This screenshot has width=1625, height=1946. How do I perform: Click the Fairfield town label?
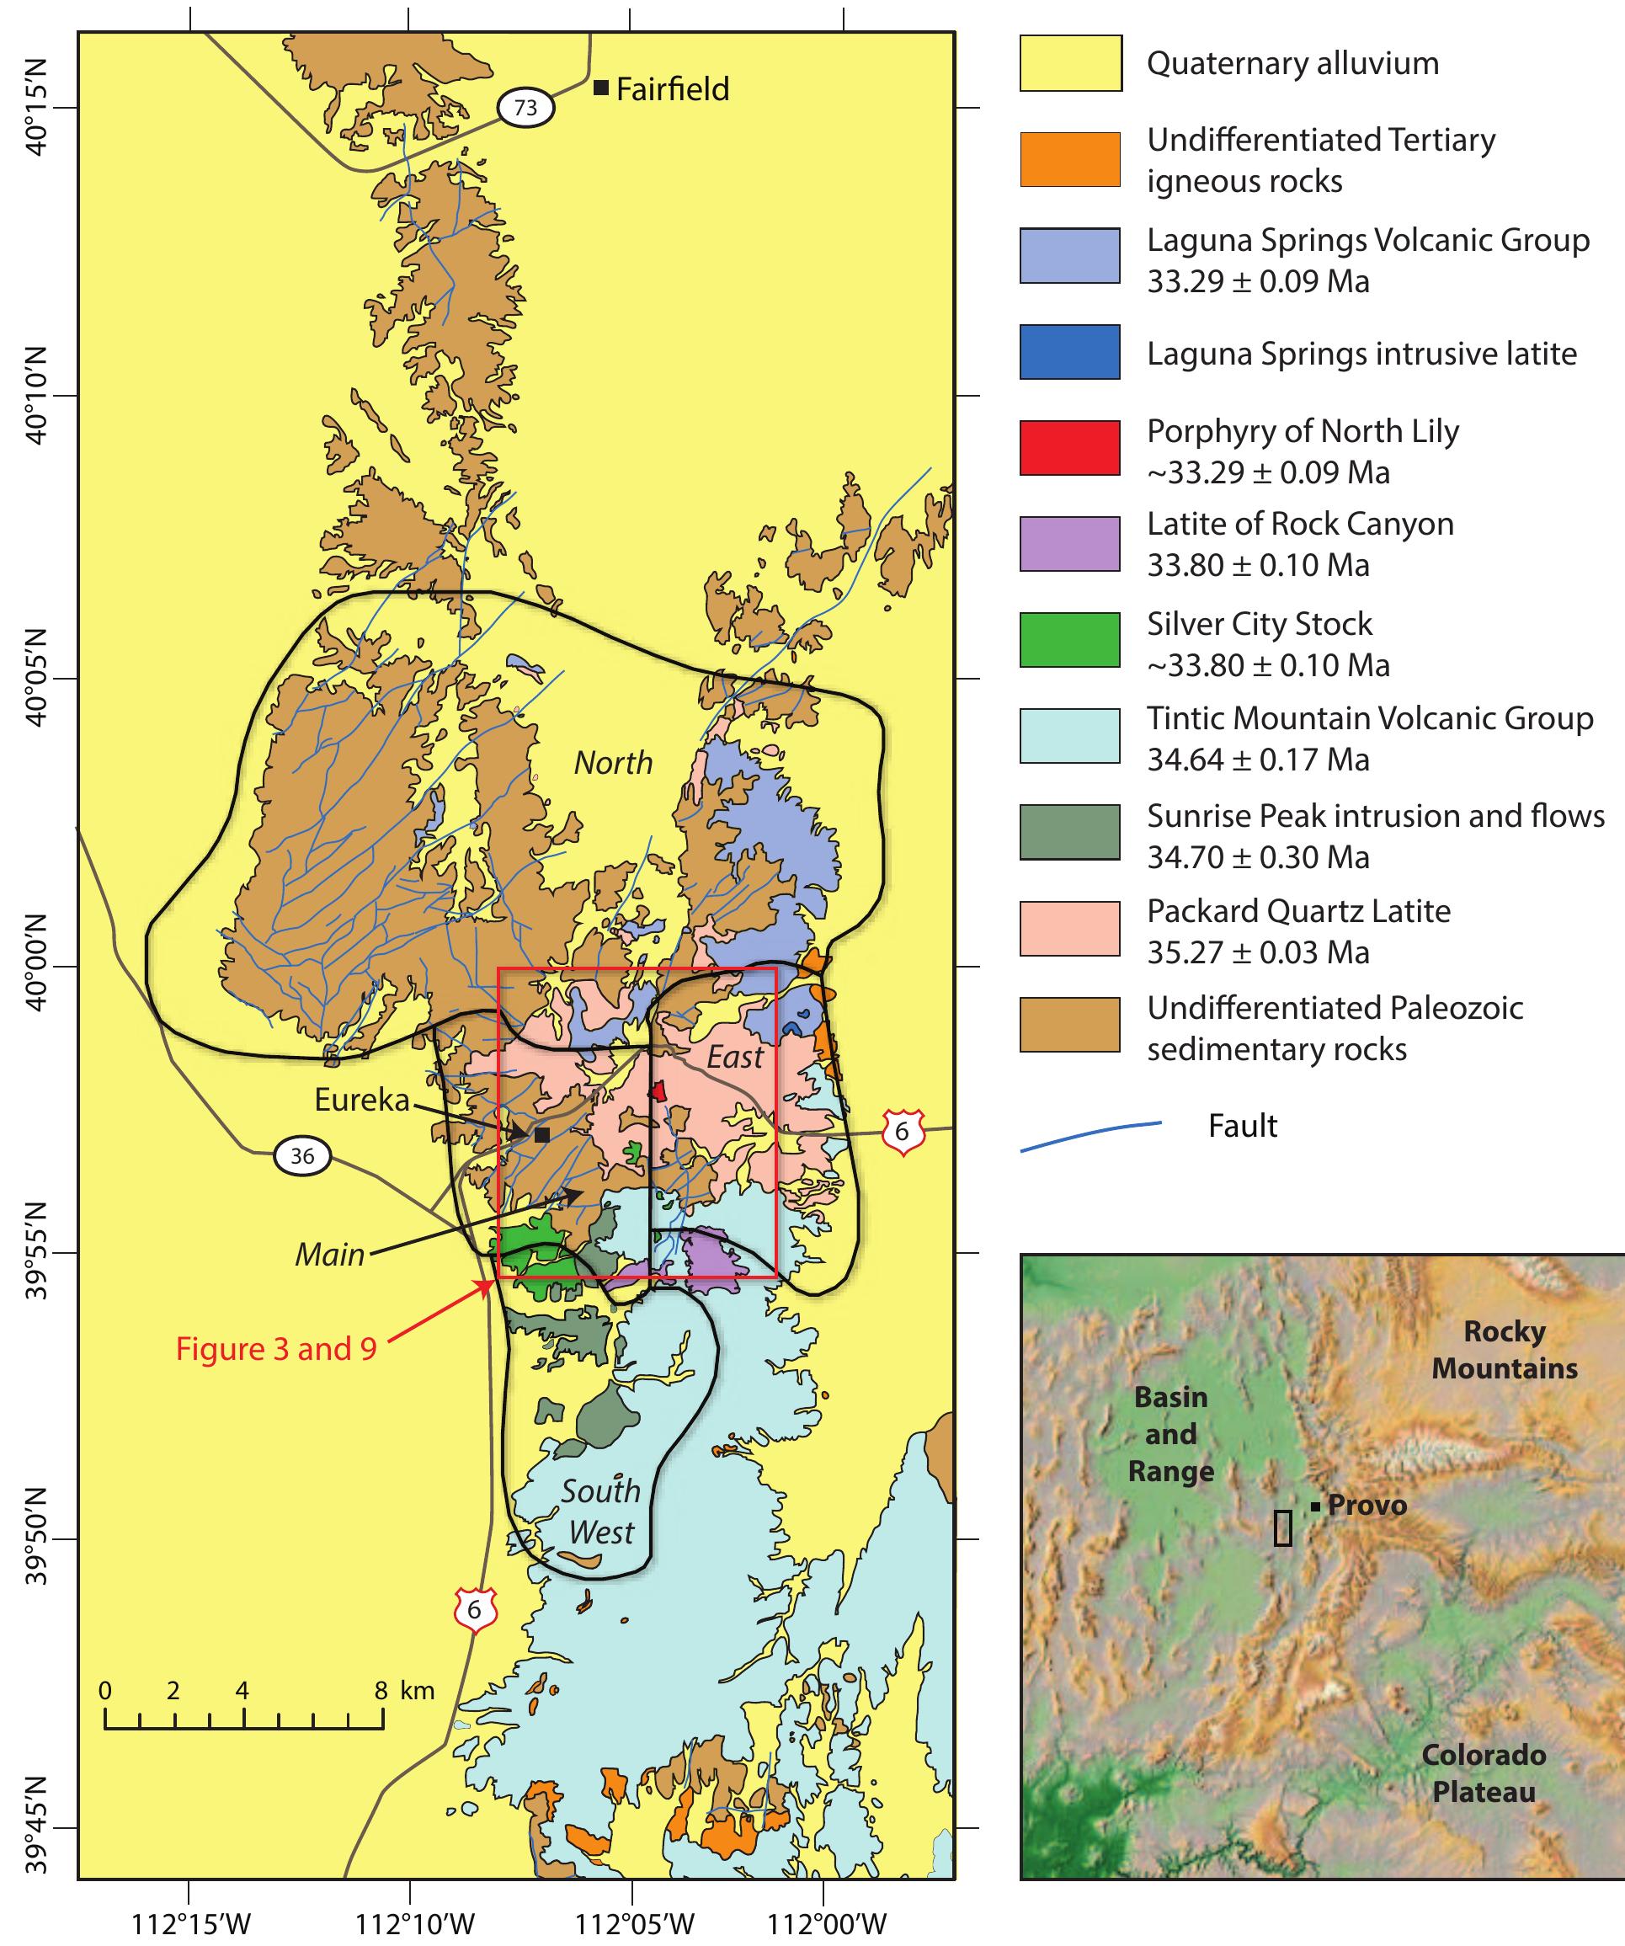(x=672, y=89)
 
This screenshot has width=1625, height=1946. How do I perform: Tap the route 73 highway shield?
(x=525, y=108)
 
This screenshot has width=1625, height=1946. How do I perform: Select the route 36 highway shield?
(x=302, y=1156)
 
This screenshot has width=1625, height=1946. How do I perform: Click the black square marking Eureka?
(x=542, y=1134)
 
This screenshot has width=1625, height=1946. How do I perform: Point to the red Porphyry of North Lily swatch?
(x=1070, y=449)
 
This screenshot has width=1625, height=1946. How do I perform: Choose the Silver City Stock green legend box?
(x=1070, y=639)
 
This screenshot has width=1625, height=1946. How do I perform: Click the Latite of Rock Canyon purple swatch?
(x=1070, y=544)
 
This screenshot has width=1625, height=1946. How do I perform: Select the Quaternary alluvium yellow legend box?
(x=1070, y=63)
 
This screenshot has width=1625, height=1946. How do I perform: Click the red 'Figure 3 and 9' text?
(x=276, y=1349)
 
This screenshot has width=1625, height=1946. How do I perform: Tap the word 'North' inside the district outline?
(x=613, y=763)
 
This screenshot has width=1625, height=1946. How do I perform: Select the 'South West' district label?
(x=600, y=1511)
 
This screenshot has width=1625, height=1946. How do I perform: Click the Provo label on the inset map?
(x=1367, y=1505)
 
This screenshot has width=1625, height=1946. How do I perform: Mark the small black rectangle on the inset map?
(x=1282, y=1527)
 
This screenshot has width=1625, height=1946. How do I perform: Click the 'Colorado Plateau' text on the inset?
(x=1484, y=1773)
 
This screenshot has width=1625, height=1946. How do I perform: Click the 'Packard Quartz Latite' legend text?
(x=1298, y=911)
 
